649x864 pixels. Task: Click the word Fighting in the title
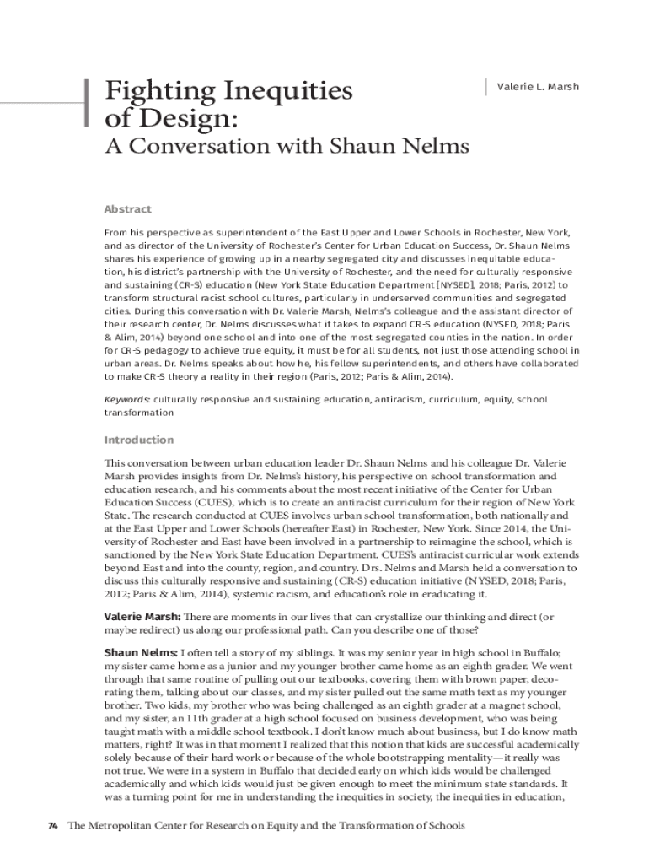(154, 90)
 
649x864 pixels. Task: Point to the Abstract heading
(127, 209)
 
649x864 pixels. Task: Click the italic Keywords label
(127, 399)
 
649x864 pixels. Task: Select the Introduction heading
(138, 440)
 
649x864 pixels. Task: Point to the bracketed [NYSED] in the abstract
(446, 286)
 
